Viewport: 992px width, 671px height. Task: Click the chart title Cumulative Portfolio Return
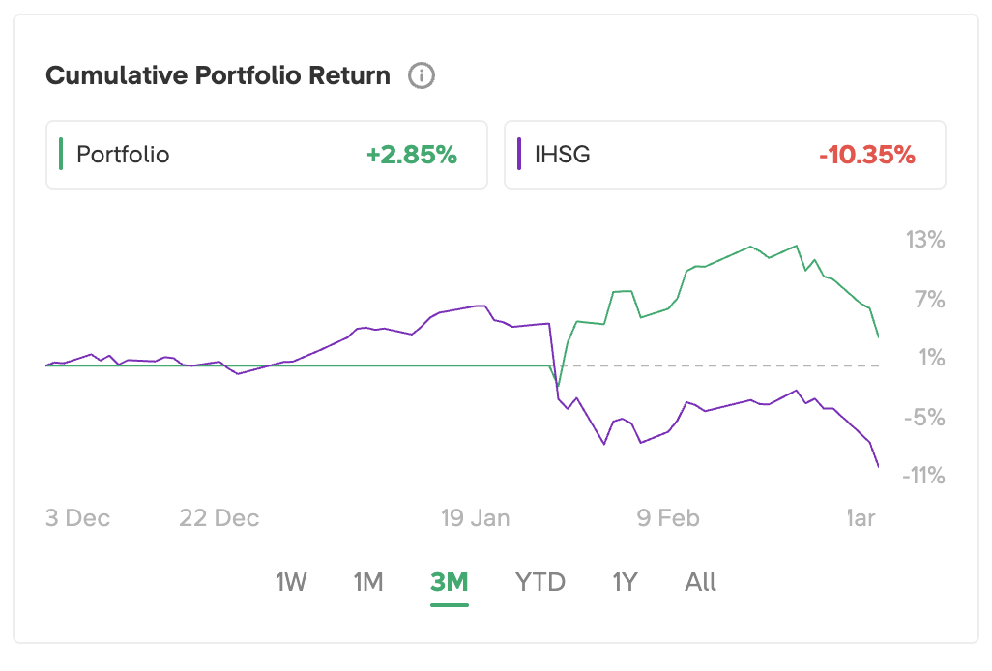point(219,76)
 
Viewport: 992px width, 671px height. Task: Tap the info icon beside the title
point(422,75)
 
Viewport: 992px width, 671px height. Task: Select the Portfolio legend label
point(123,155)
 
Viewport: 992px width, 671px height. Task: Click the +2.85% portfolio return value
point(411,155)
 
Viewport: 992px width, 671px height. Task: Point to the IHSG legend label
point(562,155)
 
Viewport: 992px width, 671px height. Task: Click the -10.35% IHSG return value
point(866,155)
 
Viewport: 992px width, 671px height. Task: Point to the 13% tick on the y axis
point(924,240)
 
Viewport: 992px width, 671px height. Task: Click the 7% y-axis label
point(929,299)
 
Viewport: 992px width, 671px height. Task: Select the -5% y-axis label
point(925,417)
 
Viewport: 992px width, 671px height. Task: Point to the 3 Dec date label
point(78,518)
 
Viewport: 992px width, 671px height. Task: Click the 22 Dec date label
point(219,518)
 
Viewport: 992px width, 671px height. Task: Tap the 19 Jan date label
point(475,518)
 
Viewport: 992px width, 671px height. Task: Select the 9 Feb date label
point(668,518)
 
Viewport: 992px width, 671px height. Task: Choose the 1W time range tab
point(291,582)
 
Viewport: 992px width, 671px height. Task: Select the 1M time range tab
point(368,582)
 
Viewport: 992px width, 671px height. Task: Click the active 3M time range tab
point(450,582)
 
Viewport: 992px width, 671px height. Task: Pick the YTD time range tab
point(540,582)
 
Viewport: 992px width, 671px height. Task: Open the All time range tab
point(701,582)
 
